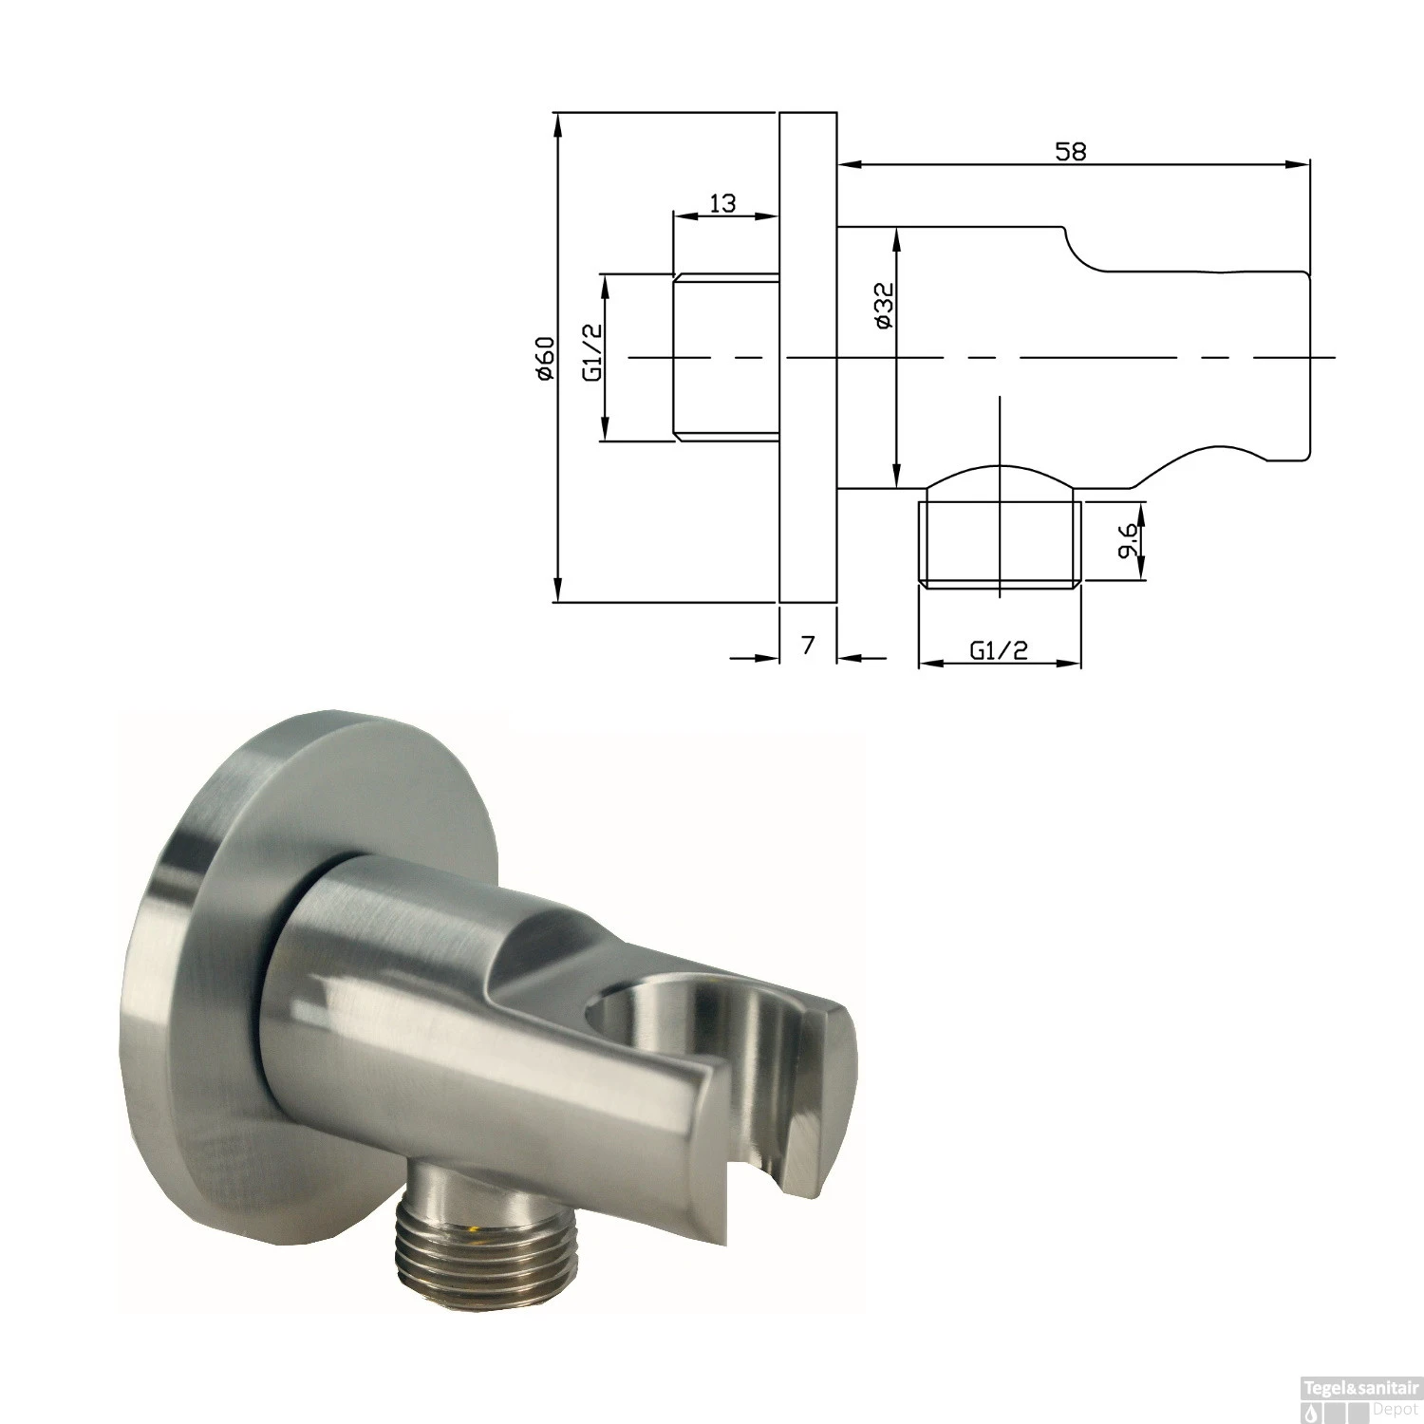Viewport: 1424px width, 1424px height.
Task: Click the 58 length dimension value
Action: pyautogui.click(x=1070, y=150)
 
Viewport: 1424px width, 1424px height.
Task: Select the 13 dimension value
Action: pyautogui.click(x=722, y=202)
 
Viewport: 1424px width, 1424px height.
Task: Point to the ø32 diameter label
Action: pyautogui.click(x=883, y=306)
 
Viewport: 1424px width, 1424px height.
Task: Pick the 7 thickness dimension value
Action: pyautogui.click(x=808, y=646)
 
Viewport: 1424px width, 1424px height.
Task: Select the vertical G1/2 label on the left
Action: pyautogui.click(x=592, y=351)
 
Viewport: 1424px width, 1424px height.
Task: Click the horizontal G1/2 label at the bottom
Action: pyautogui.click(x=999, y=650)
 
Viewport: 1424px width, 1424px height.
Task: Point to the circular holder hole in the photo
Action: pyautogui.click(x=655, y=1025)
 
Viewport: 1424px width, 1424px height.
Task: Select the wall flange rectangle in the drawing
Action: pyautogui.click(x=808, y=357)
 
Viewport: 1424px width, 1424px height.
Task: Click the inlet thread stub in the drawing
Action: pyautogui.click(x=726, y=357)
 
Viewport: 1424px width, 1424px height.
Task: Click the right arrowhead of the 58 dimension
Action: pyautogui.click(x=1300, y=165)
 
